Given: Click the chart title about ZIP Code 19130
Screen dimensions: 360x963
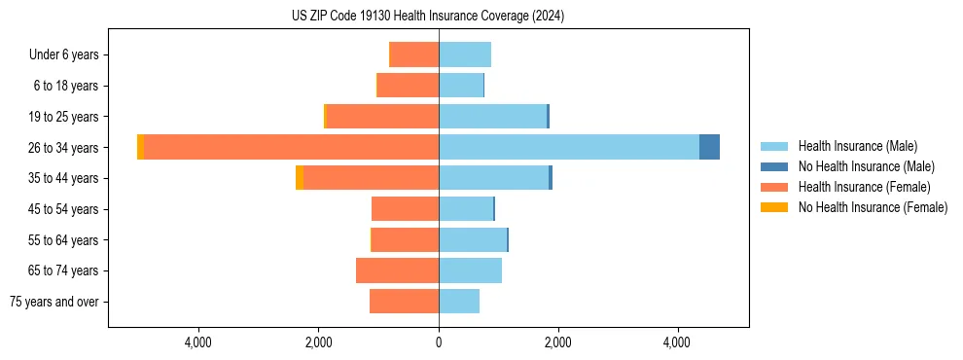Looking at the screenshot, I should tap(427, 17).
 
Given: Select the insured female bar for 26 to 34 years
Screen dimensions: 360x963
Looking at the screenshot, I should tap(291, 147).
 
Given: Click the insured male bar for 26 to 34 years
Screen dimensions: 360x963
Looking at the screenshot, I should tap(569, 147).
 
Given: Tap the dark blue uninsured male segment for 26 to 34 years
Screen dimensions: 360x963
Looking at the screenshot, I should tap(709, 147).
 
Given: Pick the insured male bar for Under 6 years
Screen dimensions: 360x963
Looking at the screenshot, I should tap(465, 54).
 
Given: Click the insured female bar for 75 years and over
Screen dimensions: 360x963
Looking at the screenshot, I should tap(404, 302).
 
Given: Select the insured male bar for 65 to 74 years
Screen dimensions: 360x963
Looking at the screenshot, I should tap(470, 270).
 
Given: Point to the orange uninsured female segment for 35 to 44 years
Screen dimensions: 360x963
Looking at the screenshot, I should tap(300, 178).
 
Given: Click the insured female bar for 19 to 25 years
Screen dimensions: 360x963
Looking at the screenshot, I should tap(382, 117).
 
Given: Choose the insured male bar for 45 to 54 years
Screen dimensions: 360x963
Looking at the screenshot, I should tap(466, 209).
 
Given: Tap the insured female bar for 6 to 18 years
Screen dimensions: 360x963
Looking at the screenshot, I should tap(408, 86).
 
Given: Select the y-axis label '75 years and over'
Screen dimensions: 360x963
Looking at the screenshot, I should tap(54, 302).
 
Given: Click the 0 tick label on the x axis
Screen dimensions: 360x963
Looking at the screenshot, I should tap(439, 342).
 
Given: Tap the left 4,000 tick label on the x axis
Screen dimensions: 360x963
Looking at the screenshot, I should tap(198, 342).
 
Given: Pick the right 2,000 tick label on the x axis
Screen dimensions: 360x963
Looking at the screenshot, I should tap(557, 342).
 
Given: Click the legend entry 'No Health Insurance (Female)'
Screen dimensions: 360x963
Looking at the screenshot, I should tap(873, 207).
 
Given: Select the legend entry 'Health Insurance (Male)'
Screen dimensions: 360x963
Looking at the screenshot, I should tap(857, 146).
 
